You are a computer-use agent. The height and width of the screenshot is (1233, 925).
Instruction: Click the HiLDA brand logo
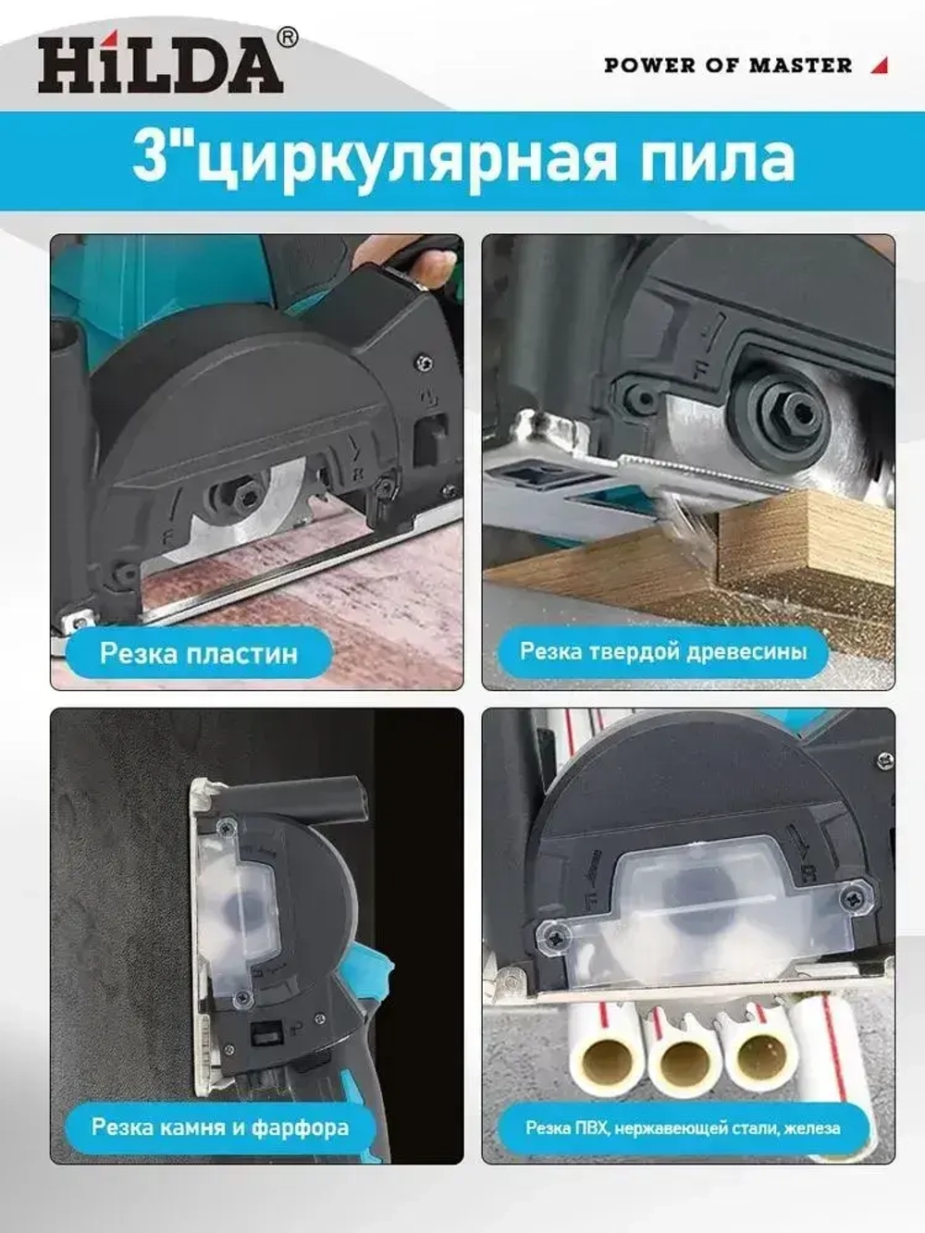(x=161, y=64)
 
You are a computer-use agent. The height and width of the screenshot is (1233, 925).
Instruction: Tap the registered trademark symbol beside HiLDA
(x=288, y=38)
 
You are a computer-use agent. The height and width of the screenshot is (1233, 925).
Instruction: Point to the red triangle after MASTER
(x=880, y=66)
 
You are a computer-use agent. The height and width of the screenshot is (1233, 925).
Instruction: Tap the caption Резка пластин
(x=199, y=653)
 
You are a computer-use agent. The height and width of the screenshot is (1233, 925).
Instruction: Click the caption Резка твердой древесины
(x=663, y=652)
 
